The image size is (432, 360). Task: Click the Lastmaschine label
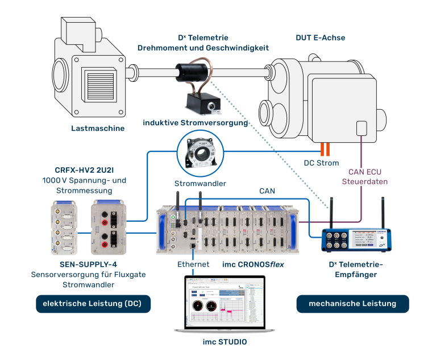tap(98, 129)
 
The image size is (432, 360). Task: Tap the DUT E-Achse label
tap(320, 38)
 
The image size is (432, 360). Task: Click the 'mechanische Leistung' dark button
tap(352, 304)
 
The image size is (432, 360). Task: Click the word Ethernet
tap(193, 264)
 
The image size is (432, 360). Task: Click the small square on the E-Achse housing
tap(362, 128)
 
